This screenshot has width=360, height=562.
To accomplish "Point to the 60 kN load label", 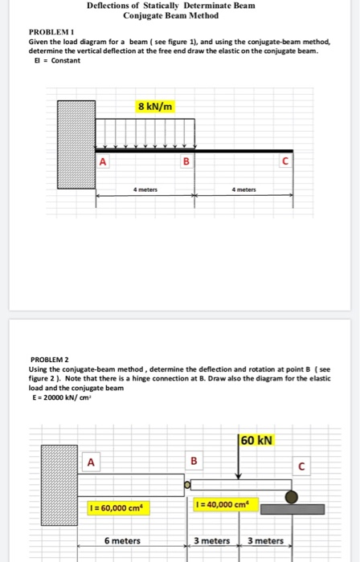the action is pos(257,440).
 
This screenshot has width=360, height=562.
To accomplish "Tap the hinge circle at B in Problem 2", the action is pos(186,485).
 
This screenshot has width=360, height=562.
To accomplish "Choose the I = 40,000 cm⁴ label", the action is pos(222,504).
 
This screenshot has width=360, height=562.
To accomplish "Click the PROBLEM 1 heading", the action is pos(50,31).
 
